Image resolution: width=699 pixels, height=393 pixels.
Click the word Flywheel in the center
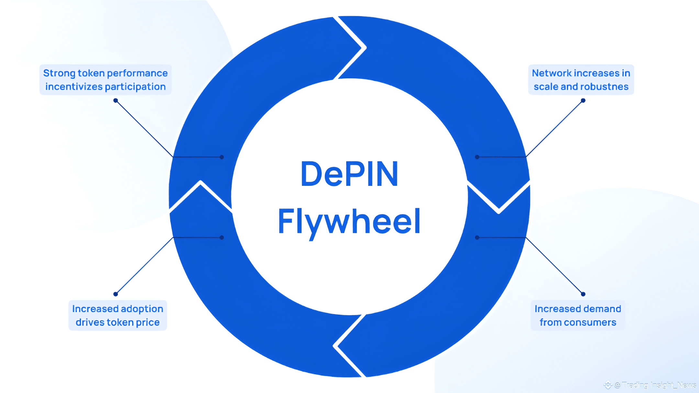pos(349,221)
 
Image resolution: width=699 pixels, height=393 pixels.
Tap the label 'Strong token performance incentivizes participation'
pos(105,80)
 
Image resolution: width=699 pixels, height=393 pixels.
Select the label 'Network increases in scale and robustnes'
pos(581,80)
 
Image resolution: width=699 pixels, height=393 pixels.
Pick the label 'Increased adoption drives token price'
pos(117,315)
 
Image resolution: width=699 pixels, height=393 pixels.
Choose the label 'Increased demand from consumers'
pos(578,315)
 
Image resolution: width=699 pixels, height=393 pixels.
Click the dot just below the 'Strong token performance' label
pos(116,100)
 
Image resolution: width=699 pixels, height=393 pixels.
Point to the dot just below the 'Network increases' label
pos(583,100)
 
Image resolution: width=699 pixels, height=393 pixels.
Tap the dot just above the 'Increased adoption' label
pos(116,294)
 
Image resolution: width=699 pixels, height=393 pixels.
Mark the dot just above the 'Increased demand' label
pos(583,294)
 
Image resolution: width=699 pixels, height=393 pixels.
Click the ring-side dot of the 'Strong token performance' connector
pos(222,157)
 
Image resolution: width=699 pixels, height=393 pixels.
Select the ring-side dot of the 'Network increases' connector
pos(477,157)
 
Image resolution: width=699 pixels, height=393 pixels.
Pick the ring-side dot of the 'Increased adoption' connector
pos(222,238)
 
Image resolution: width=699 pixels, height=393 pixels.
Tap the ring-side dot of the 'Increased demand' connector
pos(477,238)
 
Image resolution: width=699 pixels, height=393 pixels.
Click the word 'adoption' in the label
pos(142,309)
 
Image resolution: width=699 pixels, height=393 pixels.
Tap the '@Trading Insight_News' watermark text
pos(655,385)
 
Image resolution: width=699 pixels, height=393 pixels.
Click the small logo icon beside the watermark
pos(608,385)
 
